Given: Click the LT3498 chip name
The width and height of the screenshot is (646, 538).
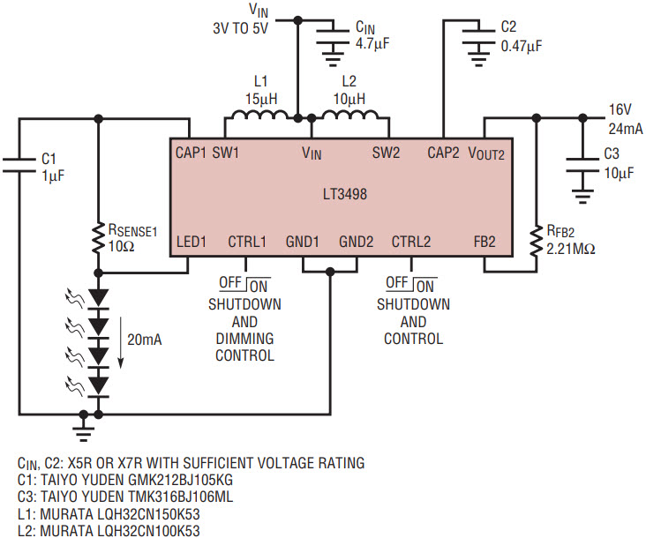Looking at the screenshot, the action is (345, 194).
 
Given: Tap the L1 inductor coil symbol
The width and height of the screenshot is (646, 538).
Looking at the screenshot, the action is (259, 115).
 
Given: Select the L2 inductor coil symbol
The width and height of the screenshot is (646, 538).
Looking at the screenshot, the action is (349, 115).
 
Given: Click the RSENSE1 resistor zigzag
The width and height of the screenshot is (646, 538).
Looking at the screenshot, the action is (98, 237).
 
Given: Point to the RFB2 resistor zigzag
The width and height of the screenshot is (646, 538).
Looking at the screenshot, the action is (536, 241).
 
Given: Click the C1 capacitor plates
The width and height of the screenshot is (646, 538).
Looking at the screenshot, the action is (19, 165).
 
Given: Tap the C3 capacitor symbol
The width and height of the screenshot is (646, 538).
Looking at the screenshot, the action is (582, 165).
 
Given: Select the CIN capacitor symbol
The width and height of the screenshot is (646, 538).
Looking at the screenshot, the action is (333, 36).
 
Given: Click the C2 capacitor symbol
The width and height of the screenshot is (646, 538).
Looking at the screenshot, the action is (478, 36).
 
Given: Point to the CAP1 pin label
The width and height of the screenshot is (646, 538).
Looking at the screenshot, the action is (191, 153).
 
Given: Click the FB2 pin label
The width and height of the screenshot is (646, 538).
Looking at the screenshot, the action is (484, 241).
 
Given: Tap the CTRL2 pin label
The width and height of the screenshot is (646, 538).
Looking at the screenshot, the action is (411, 241).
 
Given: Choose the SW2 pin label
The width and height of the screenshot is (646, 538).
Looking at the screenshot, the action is (386, 153).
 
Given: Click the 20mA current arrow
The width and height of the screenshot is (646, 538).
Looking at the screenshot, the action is (121, 342).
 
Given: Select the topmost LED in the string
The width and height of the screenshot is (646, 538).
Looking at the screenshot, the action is (98, 299).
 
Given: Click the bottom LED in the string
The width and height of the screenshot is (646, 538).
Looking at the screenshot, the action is (98, 387).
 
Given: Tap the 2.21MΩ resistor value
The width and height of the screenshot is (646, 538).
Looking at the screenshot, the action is (571, 249).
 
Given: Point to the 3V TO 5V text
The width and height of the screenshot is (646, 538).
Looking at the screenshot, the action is (241, 28).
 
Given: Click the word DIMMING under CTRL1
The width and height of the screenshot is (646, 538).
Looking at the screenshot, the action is (244, 339).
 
